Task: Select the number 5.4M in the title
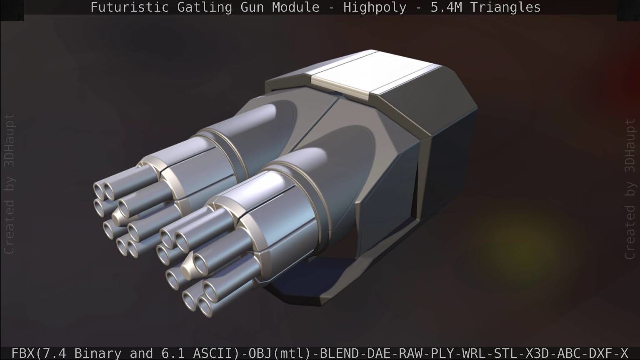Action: pos(446,7)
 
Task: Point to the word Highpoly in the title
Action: pos(375,7)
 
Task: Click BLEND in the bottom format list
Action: pos(336,353)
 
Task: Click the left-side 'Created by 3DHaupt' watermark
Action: pos(9,183)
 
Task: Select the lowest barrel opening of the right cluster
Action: pos(205,307)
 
